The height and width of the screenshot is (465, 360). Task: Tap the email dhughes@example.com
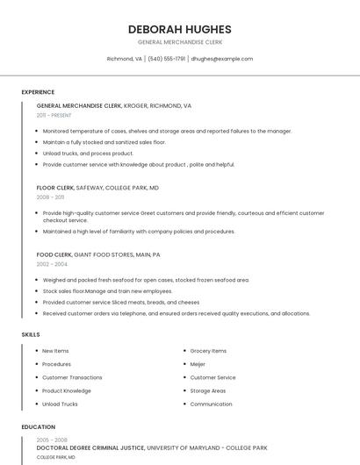pyautogui.click(x=221, y=59)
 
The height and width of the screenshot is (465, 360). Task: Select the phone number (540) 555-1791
pyautogui.click(x=167, y=59)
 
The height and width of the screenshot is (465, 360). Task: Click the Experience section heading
pyautogui.click(x=38, y=92)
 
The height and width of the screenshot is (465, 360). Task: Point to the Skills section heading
pyautogui.click(x=31, y=334)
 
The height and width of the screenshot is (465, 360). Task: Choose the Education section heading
pyautogui.click(x=38, y=427)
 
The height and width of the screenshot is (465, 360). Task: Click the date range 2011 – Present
pyautogui.click(x=54, y=115)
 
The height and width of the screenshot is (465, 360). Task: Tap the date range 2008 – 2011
pyautogui.click(x=50, y=197)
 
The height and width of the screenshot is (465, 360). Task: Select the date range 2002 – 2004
pyautogui.click(x=52, y=264)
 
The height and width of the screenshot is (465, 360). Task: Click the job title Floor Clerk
pyautogui.click(x=55, y=188)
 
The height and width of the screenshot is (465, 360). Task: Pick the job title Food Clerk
pyautogui.click(x=54, y=254)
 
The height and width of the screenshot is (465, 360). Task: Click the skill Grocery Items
pyautogui.click(x=208, y=351)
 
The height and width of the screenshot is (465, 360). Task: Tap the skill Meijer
pyautogui.click(x=198, y=364)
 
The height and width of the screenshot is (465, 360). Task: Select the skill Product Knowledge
pyautogui.click(x=67, y=390)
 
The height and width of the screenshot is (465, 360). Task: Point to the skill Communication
pyautogui.click(x=211, y=404)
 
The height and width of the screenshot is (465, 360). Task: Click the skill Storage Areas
pyautogui.click(x=208, y=390)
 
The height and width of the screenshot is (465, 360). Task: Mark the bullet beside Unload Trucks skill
pyautogui.click(x=36, y=404)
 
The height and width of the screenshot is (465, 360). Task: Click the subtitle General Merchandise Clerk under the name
pyautogui.click(x=179, y=42)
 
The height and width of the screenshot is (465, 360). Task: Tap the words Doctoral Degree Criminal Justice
pyautogui.click(x=90, y=448)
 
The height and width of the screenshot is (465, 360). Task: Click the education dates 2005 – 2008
pyautogui.click(x=52, y=440)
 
